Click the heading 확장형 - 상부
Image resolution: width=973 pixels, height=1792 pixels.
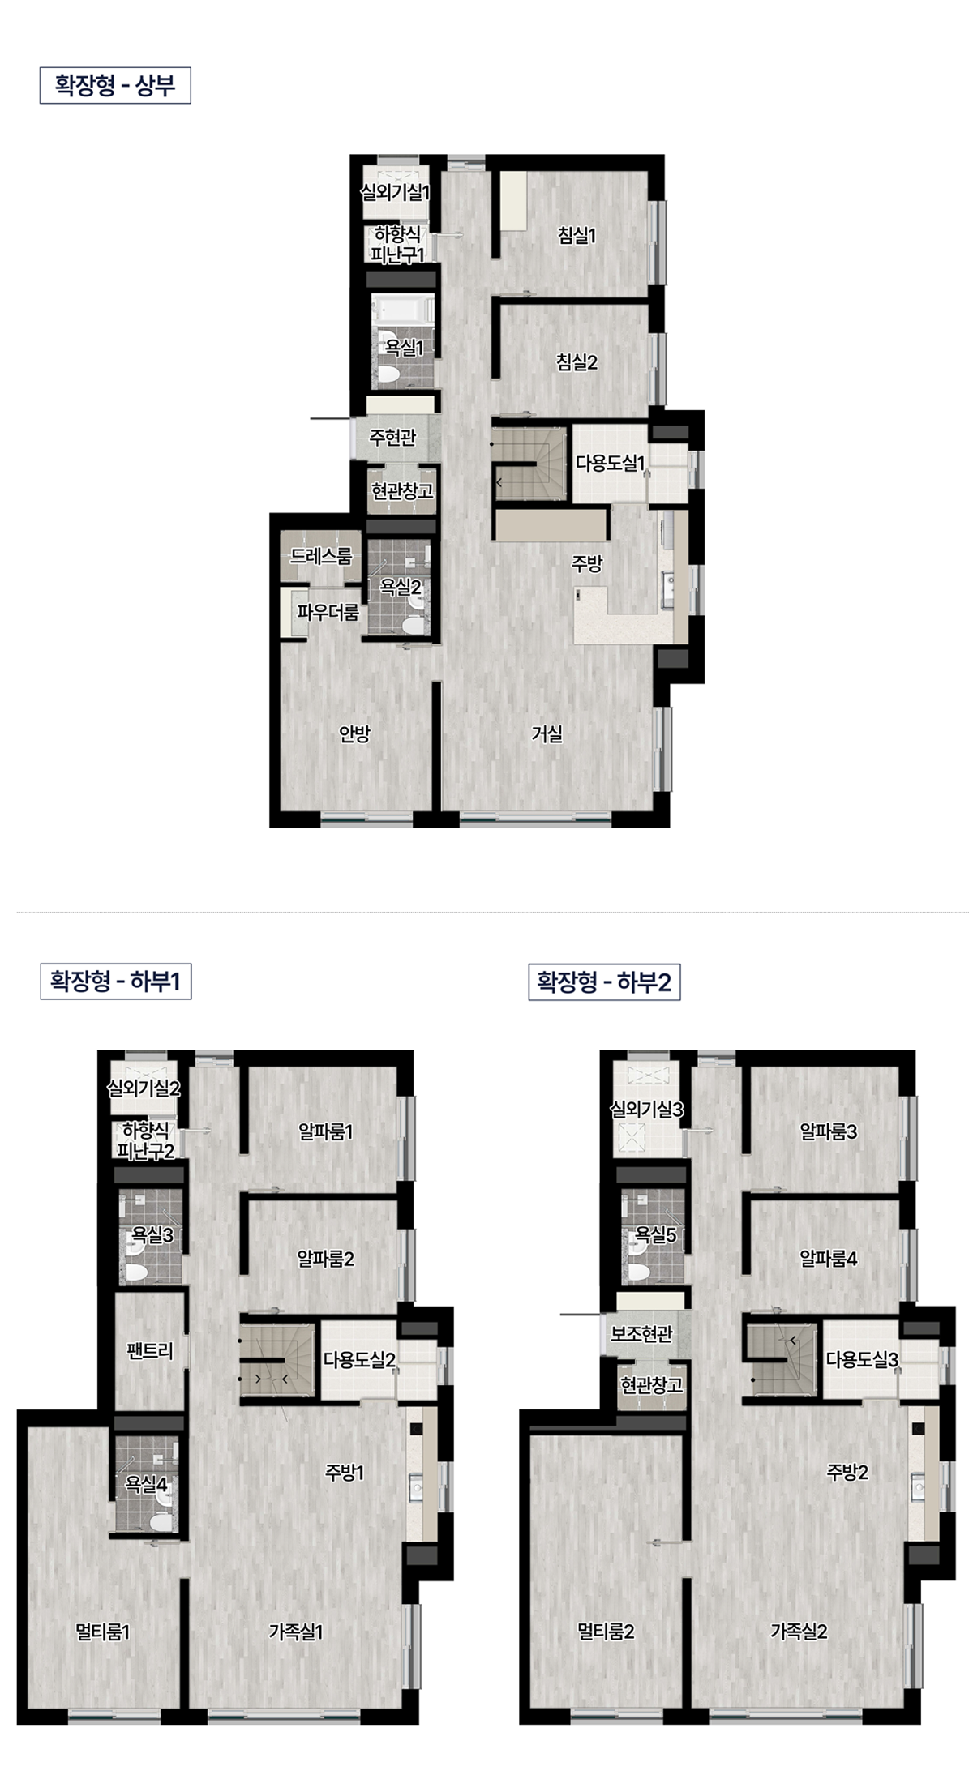point(115,86)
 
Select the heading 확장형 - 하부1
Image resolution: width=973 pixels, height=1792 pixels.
point(115,982)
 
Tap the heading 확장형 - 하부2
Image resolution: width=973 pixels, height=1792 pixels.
point(604,982)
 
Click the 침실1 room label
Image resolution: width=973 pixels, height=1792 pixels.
point(577,235)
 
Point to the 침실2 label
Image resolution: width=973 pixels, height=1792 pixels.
point(577,362)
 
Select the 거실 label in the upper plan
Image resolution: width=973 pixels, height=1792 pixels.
point(547,733)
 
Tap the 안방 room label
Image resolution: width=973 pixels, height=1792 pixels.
point(354,733)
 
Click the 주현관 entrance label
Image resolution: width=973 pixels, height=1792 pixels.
point(392,438)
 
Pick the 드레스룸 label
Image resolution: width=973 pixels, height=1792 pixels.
point(321,556)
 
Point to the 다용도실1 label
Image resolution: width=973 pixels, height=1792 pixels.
point(611,464)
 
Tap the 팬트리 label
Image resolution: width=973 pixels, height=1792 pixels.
point(150,1351)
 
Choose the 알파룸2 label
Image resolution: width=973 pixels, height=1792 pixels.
point(325,1259)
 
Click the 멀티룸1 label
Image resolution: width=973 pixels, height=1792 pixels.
point(103,1632)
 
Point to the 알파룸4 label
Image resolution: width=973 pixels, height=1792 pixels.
point(828,1259)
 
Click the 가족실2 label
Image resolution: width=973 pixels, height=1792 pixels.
point(799,1632)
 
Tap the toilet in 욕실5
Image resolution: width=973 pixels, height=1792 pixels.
point(637,1271)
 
